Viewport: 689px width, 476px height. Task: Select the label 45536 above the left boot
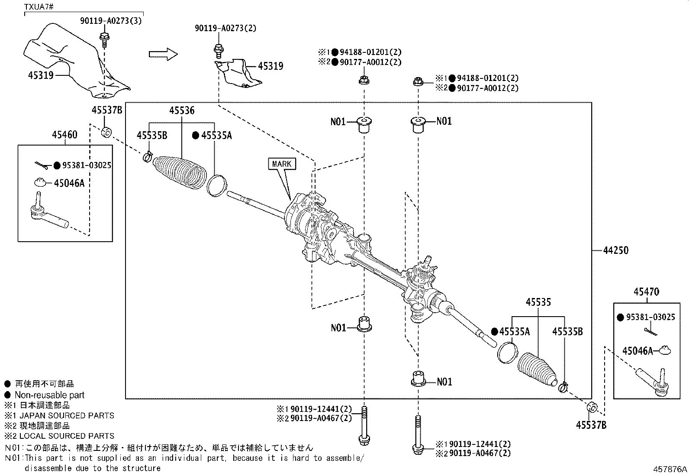tap(181, 110)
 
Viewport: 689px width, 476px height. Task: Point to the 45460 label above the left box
tap(64, 135)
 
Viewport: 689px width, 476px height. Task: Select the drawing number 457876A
tap(670, 469)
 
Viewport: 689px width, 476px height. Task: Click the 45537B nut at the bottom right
tap(592, 408)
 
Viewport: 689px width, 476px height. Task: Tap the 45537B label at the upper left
tap(106, 110)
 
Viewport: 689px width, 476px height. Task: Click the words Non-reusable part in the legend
tap(49, 395)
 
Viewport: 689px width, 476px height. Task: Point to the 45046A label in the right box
tap(637, 351)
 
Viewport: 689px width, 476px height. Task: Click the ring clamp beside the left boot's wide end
tap(216, 185)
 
